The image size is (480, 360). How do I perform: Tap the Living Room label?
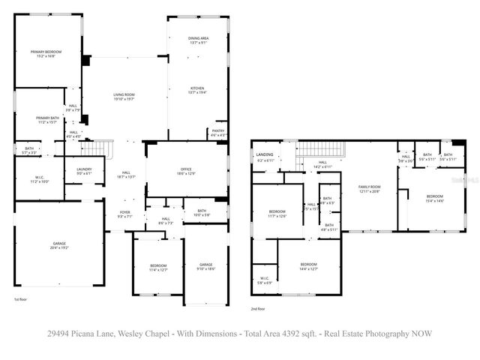[x=123, y=95]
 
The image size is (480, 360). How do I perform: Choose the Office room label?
[x=186, y=171]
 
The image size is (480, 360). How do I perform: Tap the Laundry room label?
[x=84, y=170]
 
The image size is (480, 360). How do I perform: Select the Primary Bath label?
[x=47, y=118]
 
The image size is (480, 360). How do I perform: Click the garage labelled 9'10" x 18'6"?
[x=205, y=266]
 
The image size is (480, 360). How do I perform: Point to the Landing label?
[x=265, y=156]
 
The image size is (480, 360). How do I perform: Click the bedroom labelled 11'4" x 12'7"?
[x=158, y=266]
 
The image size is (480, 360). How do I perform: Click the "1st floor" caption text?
[x=21, y=299]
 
